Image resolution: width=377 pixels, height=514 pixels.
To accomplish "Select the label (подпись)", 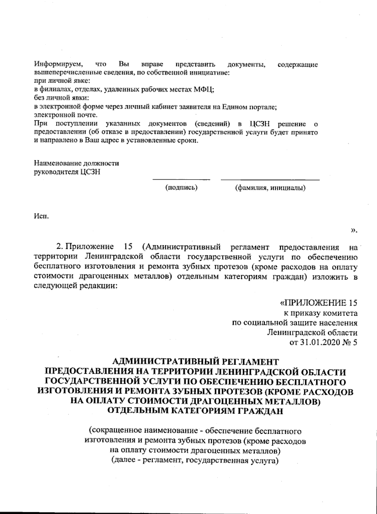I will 181,188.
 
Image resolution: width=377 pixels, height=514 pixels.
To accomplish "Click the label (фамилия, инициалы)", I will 270,188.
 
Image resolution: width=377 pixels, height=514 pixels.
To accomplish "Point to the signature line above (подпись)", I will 181,180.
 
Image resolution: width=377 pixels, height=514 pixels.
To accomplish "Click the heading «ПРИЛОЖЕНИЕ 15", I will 318,303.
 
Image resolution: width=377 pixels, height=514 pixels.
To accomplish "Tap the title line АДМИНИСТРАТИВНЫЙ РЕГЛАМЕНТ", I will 195,362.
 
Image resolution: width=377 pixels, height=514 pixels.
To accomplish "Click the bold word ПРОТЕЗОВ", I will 238,392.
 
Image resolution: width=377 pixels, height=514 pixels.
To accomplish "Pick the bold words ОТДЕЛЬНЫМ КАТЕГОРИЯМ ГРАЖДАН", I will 195,411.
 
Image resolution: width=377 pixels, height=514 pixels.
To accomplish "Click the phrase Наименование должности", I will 76,163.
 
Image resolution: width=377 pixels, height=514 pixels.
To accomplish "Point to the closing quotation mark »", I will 354,231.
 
